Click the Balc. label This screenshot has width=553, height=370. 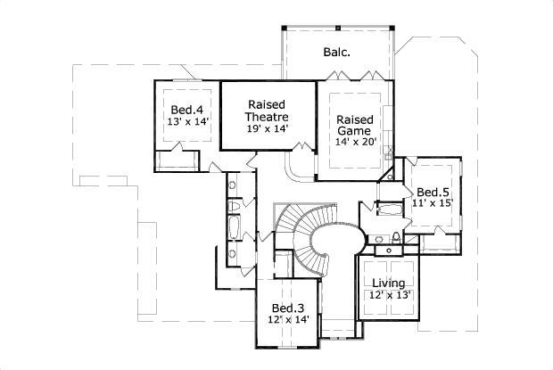[335, 52]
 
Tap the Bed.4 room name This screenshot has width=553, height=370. [186, 109]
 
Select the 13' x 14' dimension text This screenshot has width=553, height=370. [186, 121]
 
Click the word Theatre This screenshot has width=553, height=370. [268, 117]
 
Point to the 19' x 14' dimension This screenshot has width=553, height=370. [268, 129]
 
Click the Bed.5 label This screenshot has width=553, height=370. [433, 192]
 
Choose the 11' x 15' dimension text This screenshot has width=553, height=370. [433, 203]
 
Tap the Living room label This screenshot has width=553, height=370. [389, 284]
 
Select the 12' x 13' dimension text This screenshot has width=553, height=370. [389, 295]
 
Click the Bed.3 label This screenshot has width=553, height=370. [288, 307]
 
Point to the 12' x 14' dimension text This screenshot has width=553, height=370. [288, 319]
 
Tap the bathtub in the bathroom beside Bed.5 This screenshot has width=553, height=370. [389, 208]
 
